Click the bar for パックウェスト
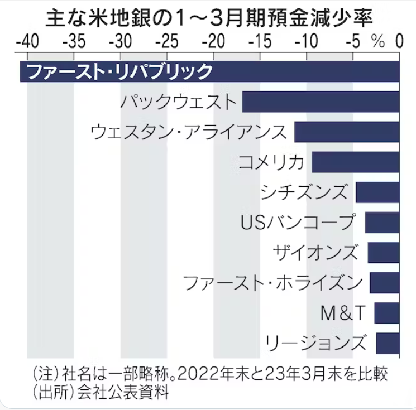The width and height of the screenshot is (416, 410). coord(321,102)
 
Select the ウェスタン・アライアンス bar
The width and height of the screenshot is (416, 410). coord(347,132)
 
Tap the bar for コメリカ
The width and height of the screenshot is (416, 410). coord(356,162)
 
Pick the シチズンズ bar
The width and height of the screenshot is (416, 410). coord(378,192)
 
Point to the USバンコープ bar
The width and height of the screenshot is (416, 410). coord(382,223)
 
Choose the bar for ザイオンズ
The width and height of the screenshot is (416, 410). coord(384,253)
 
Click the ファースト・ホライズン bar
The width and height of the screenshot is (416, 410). coord(385,283)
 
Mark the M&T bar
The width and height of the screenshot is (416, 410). coord(387,313)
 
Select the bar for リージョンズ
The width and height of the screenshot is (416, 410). coord(388,343)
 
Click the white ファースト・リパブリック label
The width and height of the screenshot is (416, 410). coord(119,71)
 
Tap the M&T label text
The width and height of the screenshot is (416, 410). coord(343,313)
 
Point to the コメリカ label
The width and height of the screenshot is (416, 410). coord(271,162)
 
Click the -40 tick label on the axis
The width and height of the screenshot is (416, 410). coord(27,42)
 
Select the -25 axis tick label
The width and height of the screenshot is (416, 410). coord(167,42)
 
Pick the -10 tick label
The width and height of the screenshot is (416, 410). coord(307,42)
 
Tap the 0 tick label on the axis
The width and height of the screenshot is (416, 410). coord(400,42)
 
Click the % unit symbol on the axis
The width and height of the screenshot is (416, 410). coord(379,42)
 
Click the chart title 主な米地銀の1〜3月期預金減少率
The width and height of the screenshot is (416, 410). coord(209,18)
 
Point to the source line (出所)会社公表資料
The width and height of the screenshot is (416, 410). coord(101,392)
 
